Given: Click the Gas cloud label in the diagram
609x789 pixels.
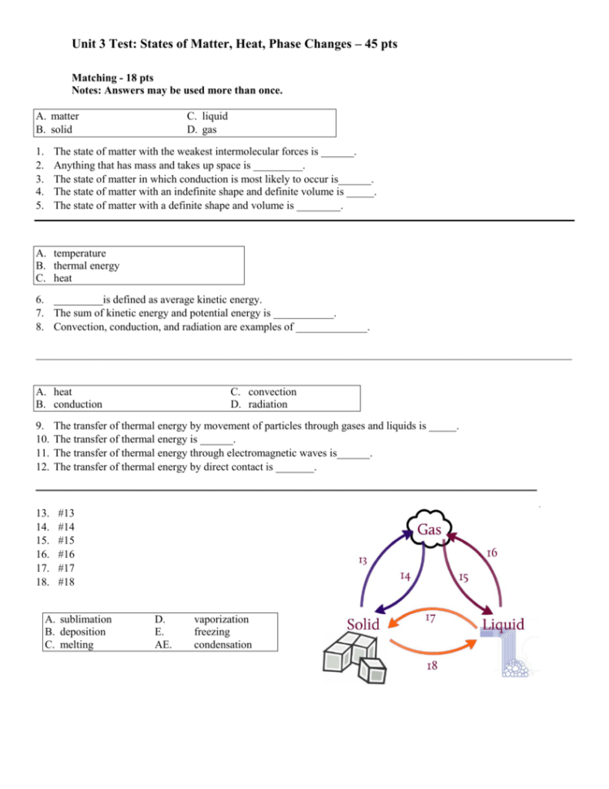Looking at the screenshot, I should click(x=429, y=530).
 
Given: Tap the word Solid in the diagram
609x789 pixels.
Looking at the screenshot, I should click(x=363, y=625).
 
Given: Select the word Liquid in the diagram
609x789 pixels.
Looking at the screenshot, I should click(x=502, y=625).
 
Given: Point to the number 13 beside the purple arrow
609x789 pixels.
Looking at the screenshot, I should click(x=363, y=560).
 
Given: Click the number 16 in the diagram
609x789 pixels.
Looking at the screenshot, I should click(x=491, y=552).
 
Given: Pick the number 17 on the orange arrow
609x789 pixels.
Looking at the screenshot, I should click(x=432, y=618).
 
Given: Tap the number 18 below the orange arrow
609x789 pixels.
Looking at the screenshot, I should click(x=433, y=666).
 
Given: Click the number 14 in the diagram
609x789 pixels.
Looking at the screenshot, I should click(x=405, y=576).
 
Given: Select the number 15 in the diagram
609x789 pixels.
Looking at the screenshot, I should click(x=462, y=578).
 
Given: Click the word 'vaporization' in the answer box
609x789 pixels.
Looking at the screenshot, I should click(x=221, y=619).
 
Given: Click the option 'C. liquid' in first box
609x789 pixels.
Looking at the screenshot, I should click(x=207, y=116).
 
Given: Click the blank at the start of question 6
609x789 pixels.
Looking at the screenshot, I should click(x=78, y=300).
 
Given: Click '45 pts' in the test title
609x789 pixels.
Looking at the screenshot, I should click(x=377, y=43).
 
